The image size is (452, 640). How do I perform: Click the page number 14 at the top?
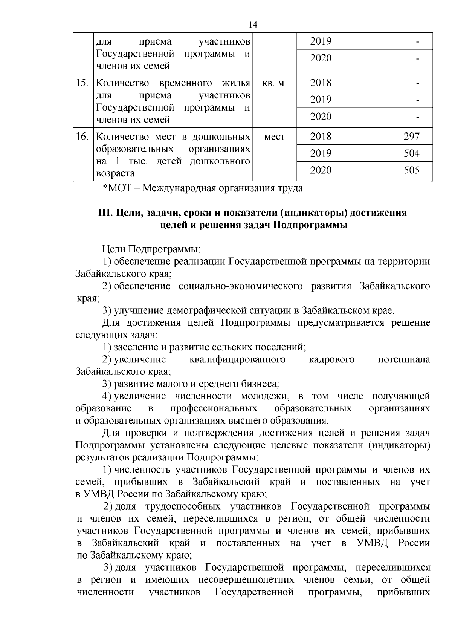click(x=253, y=25)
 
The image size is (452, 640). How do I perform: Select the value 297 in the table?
click(x=411, y=137)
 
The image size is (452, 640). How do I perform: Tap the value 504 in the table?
click(x=411, y=153)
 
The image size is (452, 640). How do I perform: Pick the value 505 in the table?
click(x=411, y=170)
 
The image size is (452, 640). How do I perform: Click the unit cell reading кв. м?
click(x=274, y=83)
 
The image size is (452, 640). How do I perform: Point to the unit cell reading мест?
click(x=275, y=137)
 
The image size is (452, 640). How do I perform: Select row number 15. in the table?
click(x=82, y=83)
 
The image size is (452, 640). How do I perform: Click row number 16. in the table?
click(x=82, y=137)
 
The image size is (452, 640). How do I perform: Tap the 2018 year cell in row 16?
click(x=321, y=137)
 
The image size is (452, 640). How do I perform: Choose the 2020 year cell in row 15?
click(x=321, y=117)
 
